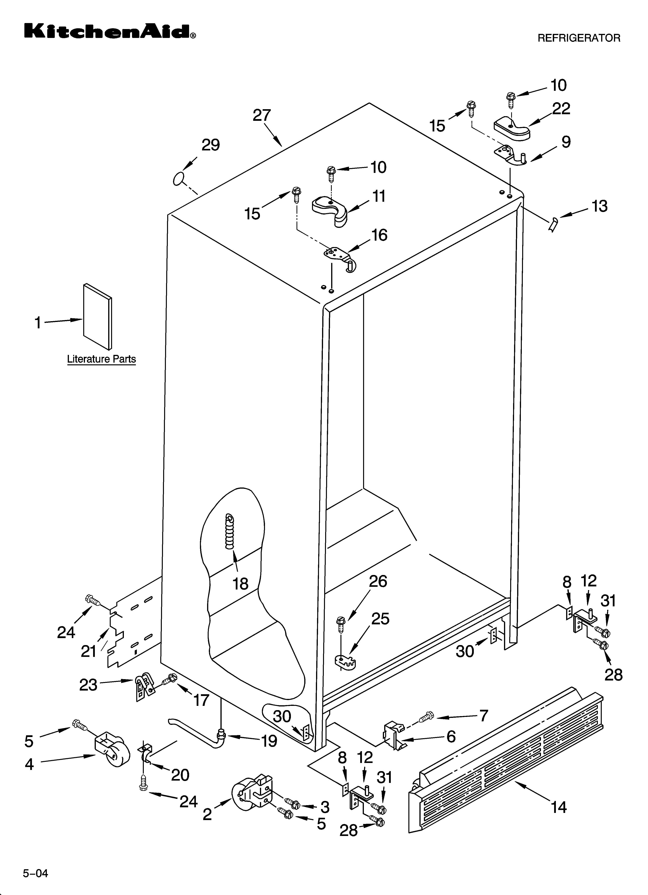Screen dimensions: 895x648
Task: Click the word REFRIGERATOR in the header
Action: coord(579,38)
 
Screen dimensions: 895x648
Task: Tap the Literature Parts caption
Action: coord(101,359)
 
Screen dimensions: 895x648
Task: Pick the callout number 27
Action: coord(262,116)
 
